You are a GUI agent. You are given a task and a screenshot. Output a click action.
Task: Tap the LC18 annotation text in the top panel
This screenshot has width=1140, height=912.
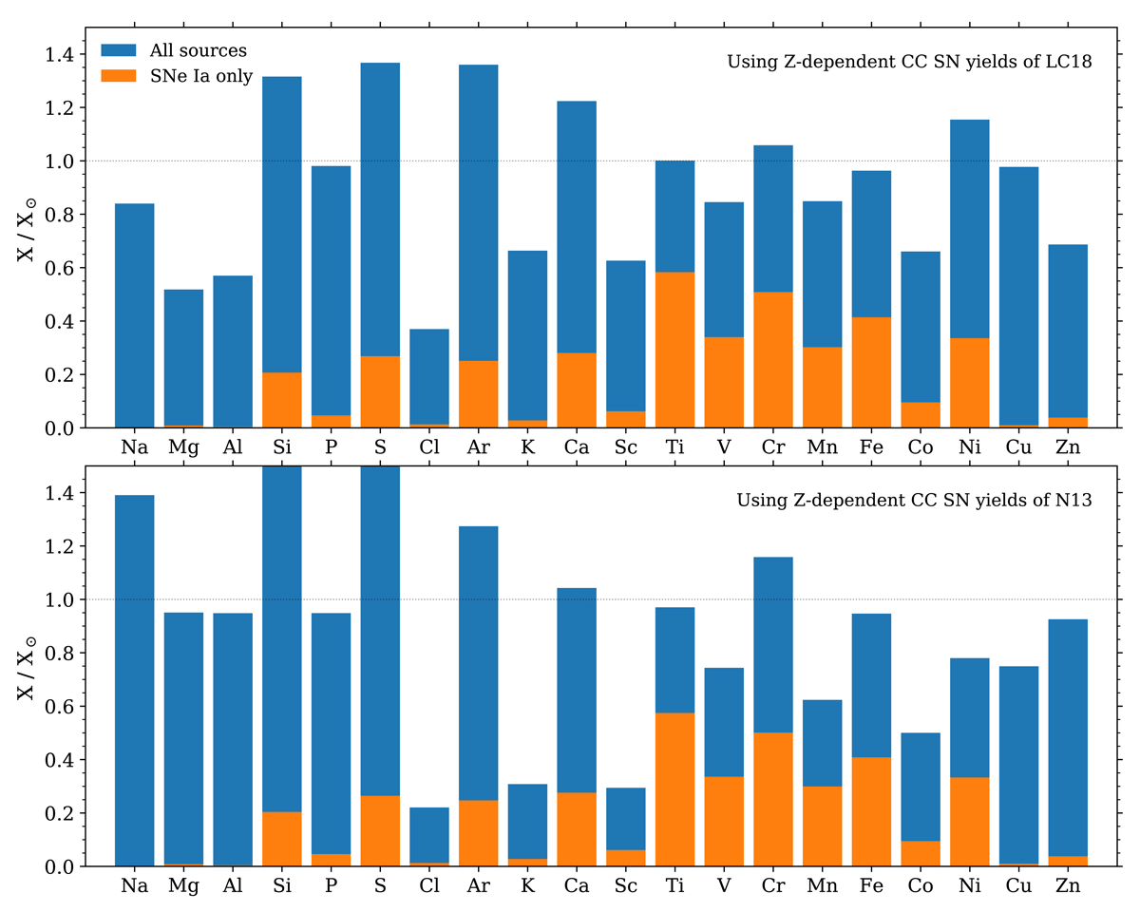tap(908, 63)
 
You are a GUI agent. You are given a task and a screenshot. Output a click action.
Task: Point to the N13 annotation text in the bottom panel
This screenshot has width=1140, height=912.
tap(913, 500)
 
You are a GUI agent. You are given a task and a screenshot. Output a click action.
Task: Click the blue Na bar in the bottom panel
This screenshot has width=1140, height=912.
tap(134, 680)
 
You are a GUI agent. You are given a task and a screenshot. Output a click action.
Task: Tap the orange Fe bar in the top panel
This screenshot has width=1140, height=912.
tap(872, 372)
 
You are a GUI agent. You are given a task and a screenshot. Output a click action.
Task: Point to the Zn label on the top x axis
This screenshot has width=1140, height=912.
tap(1069, 447)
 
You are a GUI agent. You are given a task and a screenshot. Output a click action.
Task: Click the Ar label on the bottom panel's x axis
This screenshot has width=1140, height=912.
tap(479, 886)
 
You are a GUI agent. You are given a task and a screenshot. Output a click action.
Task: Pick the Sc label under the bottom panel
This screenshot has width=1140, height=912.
tap(626, 886)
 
